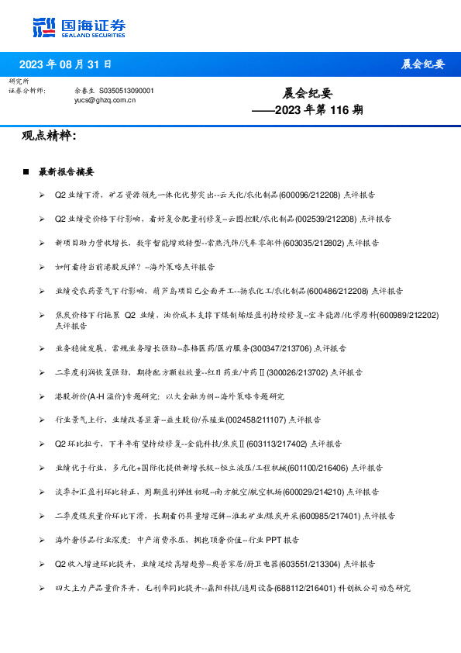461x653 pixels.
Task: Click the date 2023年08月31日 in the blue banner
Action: click(x=64, y=64)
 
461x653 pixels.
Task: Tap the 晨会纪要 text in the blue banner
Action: click(x=423, y=64)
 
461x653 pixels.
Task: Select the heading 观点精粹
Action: click(x=49, y=136)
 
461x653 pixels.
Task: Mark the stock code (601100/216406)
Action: click(x=318, y=468)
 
